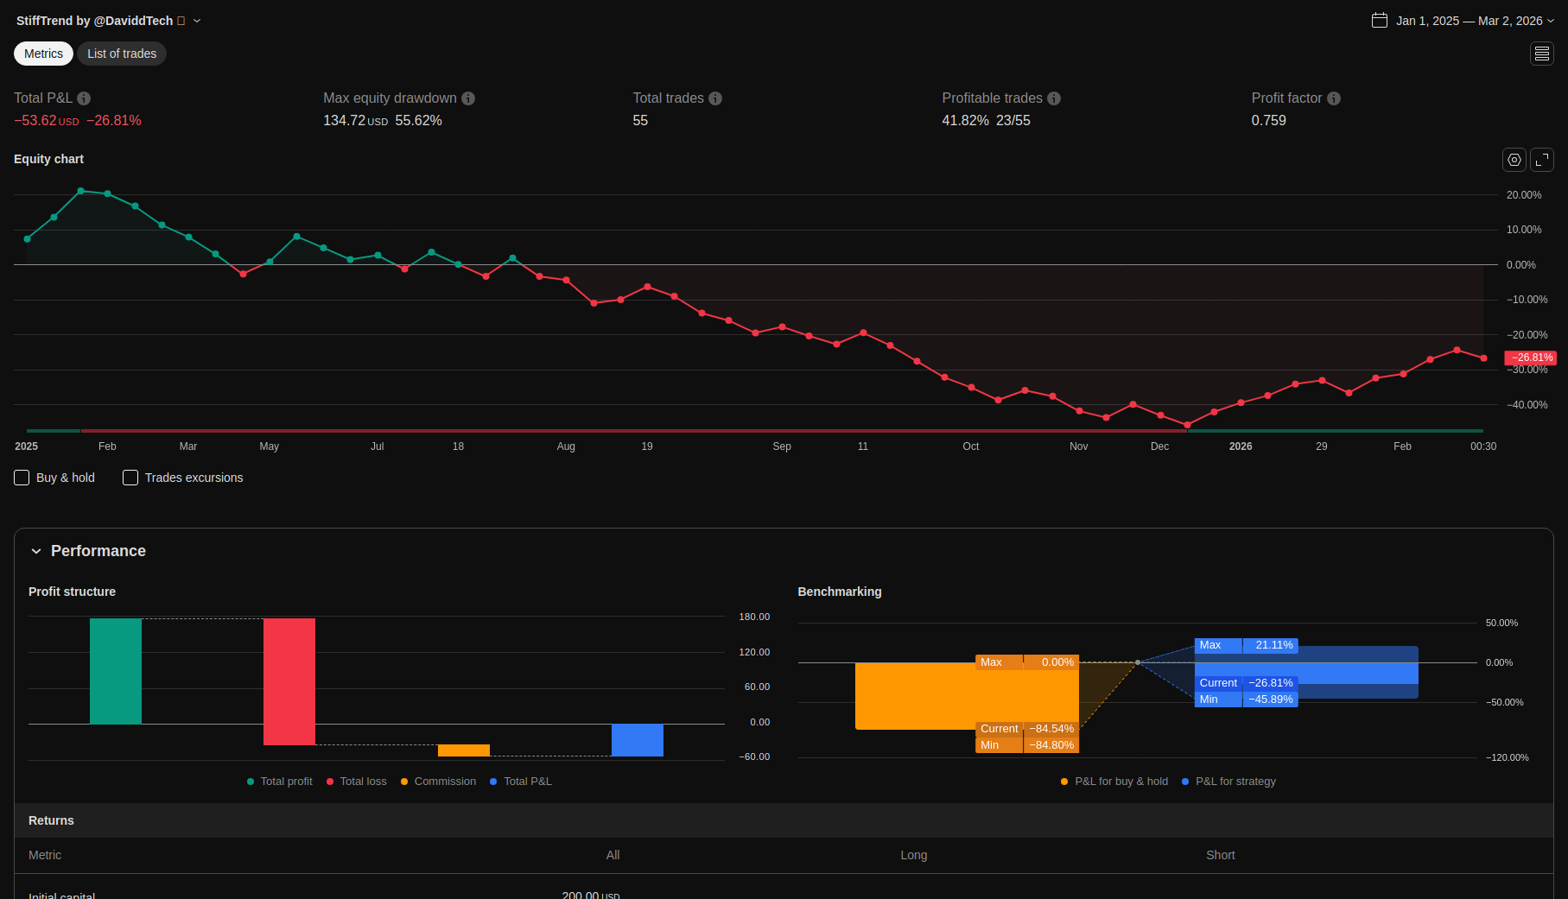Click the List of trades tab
click(x=122, y=54)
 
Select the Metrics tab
click(x=43, y=54)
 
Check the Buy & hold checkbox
click(x=22, y=478)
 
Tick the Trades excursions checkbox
click(x=130, y=478)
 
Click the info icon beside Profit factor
click(x=1334, y=98)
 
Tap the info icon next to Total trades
click(x=715, y=98)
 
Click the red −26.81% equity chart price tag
click(x=1531, y=358)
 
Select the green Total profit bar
click(x=116, y=671)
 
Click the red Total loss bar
click(x=289, y=681)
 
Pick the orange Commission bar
click(x=464, y=750)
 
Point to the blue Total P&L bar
click(x=638, y=740)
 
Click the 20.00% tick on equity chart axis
click(x=1524, y=195)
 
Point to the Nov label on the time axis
click(x=1079, y=446)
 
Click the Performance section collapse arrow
click(x=36, y=551)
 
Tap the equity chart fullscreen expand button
click(x=1542, y=160)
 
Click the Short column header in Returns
click(x=1221, y=855)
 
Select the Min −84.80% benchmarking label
click(x=1027, y=745)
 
